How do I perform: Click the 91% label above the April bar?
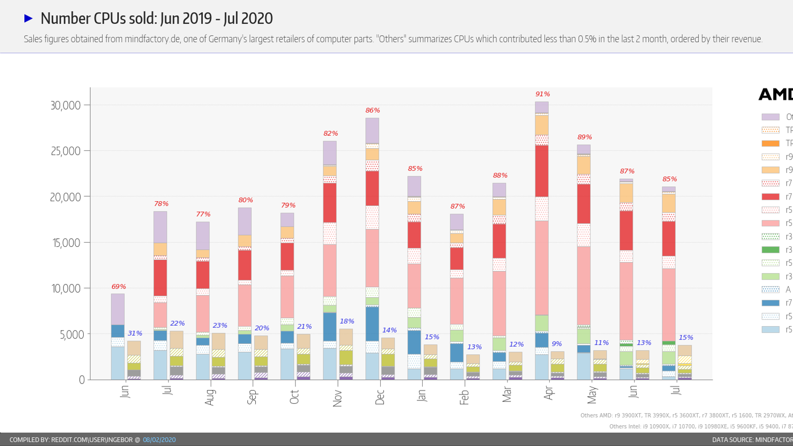pyautogui.click(x=543, y=94)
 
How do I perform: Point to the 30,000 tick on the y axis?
pyautogui.click(x=65, y=106)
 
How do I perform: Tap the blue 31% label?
pyautogui.click(x=135, y=334)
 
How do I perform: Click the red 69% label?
pyautogui.click(x=118, y=287)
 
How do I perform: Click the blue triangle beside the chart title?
pyautogui.click(x=29, y=18)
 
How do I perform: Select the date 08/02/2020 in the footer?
pyautogui.click(x=159, y=440)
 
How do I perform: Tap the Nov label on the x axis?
pyautogui.click(x=338, y=398)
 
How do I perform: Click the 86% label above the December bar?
pyautogui.click(x=373, y=111)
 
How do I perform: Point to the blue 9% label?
pyautogui.click(x=557, y=343)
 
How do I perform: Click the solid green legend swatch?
pyautogui.click(x=770, y=250)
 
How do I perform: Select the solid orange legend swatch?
pyautogui.click(x=770, y=143)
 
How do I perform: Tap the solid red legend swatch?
pyautogui.click(x=770, y=197)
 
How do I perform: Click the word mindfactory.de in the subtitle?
pyautogui.click(x=153, y=39)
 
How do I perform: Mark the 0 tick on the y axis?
pyautogui.click(x=82, y=380)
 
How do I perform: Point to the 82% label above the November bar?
pyautogui.click(x=331, y=134)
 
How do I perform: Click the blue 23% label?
pyautogui.click(x=220, y=326)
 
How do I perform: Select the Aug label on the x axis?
pyautogui.click(x=210, y=397)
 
